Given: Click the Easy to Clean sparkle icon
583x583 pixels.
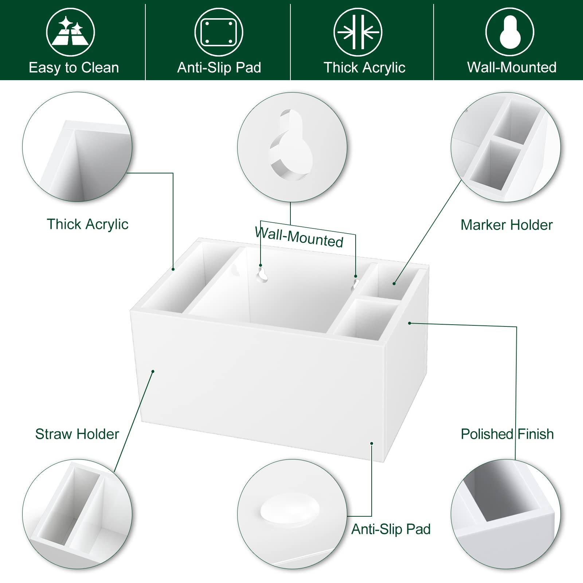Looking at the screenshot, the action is click(70, 32).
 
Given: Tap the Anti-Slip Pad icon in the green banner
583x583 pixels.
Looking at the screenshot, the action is click(219, 32).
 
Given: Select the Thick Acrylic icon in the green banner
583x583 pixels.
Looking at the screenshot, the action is click(358, 32).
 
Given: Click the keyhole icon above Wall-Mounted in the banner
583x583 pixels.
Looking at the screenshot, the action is click(510, 32).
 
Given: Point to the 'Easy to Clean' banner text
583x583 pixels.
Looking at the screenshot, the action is click(74, 68).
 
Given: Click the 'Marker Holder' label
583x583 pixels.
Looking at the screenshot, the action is click(506, 225).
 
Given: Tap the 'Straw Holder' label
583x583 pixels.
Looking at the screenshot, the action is click(77, 434).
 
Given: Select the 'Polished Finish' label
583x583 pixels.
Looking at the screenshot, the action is click(507, 434).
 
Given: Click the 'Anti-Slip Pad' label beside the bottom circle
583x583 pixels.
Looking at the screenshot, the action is click(391, 529).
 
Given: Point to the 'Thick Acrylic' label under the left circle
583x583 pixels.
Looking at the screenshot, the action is click(87, 224).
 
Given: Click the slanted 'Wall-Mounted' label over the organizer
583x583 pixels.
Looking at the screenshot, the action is click(299, 237).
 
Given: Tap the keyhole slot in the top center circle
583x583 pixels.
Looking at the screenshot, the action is click(291, 146).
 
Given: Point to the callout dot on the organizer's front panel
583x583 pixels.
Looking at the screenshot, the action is click(153, 371).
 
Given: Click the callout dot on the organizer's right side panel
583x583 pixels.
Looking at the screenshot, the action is click(410, 323).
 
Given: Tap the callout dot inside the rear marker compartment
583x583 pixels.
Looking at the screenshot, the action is click(394, 283).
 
